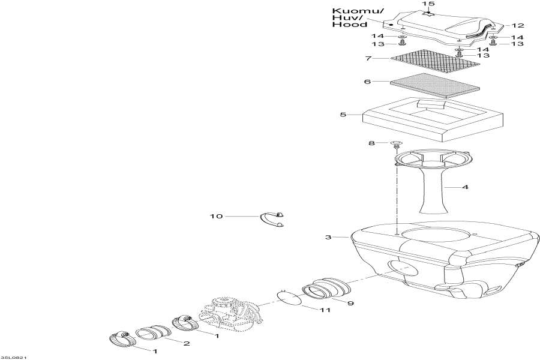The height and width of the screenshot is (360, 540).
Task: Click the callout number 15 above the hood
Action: click(428, 4)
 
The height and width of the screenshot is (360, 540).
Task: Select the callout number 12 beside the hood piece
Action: click(518, 25)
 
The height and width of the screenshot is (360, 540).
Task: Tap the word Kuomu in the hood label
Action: click(350, 11)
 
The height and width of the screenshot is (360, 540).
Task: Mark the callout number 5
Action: click(343, 114)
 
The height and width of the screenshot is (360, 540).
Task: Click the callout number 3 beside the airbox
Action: click(328, 238)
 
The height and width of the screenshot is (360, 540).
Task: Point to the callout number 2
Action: click(187, 343)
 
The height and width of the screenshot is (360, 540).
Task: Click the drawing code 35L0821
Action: click(13, 358)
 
